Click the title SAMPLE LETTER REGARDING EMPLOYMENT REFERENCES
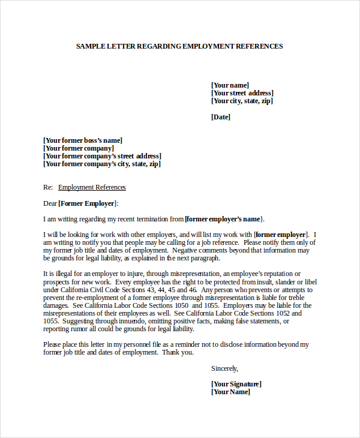[x=179, y=46]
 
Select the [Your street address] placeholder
[x=242, y=93]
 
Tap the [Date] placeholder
[x=221, y=117]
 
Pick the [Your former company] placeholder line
[x=79, y=148]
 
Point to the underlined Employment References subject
[x=92, y=187]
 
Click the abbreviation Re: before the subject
[x=48, y=187]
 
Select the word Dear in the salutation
[x=50, y=203]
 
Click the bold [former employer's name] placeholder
[x=224, y=219]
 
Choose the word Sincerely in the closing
[x=224, y=368]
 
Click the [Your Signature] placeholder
[x=236, y=384]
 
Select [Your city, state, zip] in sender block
[x=242, y=101]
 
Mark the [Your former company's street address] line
[x=102, y=156]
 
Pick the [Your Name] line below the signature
[x=230, y=392]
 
